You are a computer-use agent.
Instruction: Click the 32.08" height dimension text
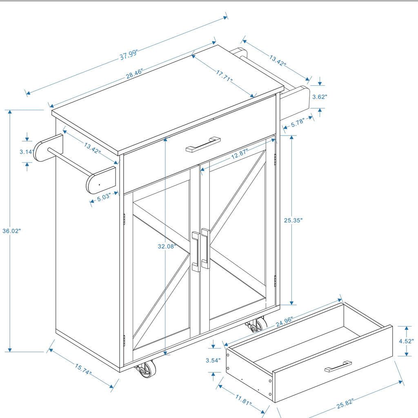167,246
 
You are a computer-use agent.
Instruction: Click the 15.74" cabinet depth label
83,369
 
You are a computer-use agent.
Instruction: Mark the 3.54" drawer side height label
213,360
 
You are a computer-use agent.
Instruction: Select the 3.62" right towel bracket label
320,97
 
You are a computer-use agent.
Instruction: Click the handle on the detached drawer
338,366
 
